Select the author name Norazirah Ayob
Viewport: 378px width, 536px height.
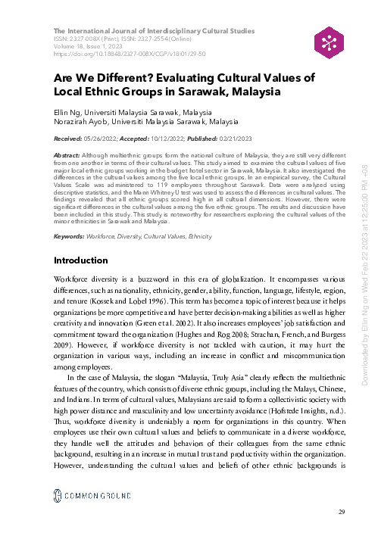point(82,120)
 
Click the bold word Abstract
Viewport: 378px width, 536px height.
point(66,152)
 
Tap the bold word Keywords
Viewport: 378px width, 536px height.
point(68,216)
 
